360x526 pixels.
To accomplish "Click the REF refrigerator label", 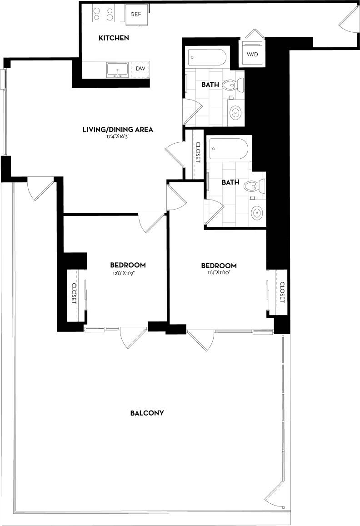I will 136,14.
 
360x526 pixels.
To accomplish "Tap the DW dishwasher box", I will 140,70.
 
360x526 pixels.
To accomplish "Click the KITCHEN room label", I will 114,38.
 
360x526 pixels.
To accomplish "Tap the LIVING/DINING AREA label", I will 118,130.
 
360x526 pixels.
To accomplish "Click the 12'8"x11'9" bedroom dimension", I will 128,273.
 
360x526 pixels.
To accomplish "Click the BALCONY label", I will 147,413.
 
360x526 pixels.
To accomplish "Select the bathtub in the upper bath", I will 207,58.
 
